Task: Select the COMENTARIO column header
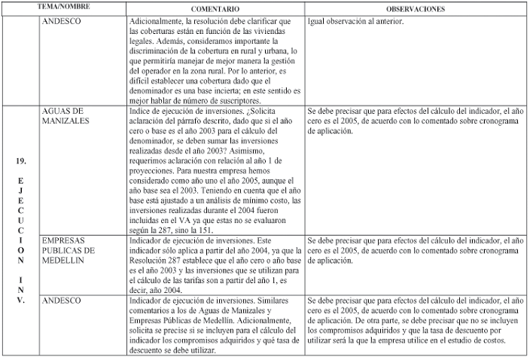(210, 7)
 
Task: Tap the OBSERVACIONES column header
(416, 7)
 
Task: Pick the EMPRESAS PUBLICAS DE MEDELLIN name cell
(68, 250)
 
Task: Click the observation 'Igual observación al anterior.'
(356, 21)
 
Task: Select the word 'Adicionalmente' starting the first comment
(156, 21)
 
